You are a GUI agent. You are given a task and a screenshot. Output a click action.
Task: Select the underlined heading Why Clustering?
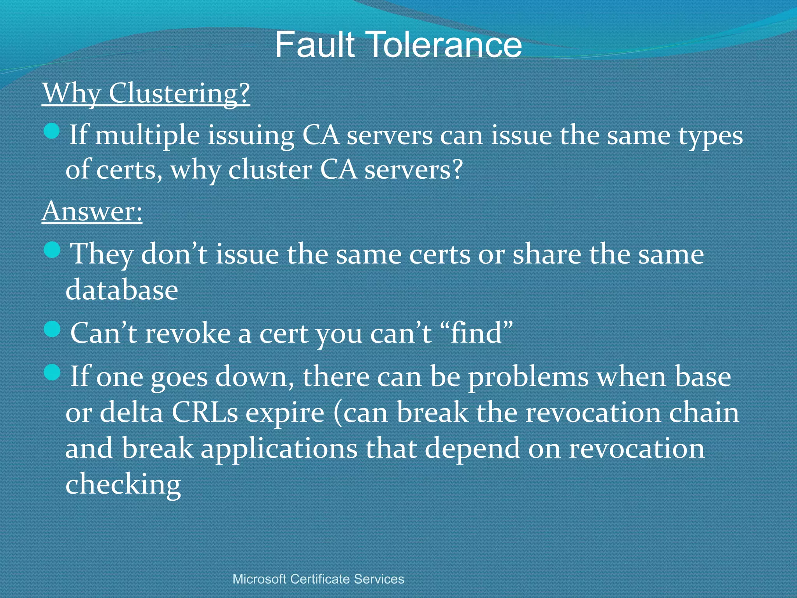coord(146,93)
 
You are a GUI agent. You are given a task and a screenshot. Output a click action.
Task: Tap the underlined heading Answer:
coord(92,212)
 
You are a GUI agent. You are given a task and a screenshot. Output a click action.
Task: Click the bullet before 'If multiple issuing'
coord(52,131)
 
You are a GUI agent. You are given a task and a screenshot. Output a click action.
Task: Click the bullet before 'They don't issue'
coord(52,250)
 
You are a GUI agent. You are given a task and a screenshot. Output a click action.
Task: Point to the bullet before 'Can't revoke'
coord(52,329)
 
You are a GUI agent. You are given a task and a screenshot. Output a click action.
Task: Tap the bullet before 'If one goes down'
coord(52,373)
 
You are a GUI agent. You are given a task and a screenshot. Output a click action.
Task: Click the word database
coord(122,290)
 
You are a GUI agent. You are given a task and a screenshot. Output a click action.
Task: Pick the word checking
coord(123,485)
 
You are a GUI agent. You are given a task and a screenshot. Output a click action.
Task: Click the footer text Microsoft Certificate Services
coord(318,579)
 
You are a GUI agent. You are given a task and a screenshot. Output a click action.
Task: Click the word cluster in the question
coord(270,171)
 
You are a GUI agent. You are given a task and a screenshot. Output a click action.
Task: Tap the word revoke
coord(188,334)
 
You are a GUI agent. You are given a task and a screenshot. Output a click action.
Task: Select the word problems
coord(528,378)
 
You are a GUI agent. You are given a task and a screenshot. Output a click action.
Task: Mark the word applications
coord(279,449)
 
